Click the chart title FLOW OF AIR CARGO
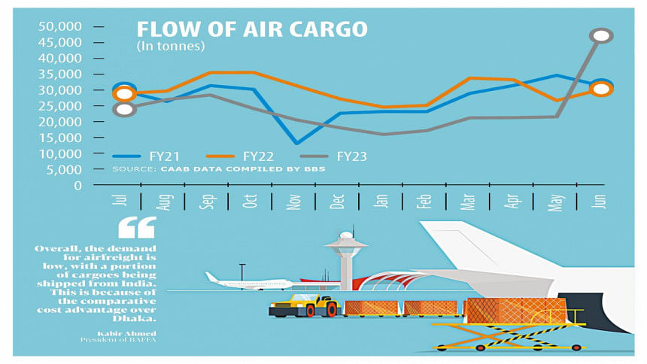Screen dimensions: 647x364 coord(252,29)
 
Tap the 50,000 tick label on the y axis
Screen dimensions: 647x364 coord(60,26)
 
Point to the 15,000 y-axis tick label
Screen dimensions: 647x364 coord(60,138)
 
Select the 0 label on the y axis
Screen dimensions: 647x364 coord(77,186)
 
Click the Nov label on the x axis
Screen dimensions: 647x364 coord(293,202)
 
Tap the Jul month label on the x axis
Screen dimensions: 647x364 coord(120,199)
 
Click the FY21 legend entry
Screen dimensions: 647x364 coord(146,156)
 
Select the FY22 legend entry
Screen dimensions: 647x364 coord(240,156)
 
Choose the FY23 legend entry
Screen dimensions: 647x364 coord(333,156)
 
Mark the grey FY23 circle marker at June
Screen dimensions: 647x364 coord(601,36)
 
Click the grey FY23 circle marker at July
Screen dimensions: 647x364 coord(125,109)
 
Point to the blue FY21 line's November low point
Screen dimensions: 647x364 coord(296,143)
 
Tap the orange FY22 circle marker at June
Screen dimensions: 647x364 coord(601,89)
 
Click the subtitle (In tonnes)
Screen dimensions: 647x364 coord(171,46)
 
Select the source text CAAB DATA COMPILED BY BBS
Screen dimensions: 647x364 coord(242,168)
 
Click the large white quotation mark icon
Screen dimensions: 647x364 coord(138,227)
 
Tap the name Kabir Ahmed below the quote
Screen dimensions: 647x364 coord(126,333)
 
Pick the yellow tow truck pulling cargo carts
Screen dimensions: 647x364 coord(304,305)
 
